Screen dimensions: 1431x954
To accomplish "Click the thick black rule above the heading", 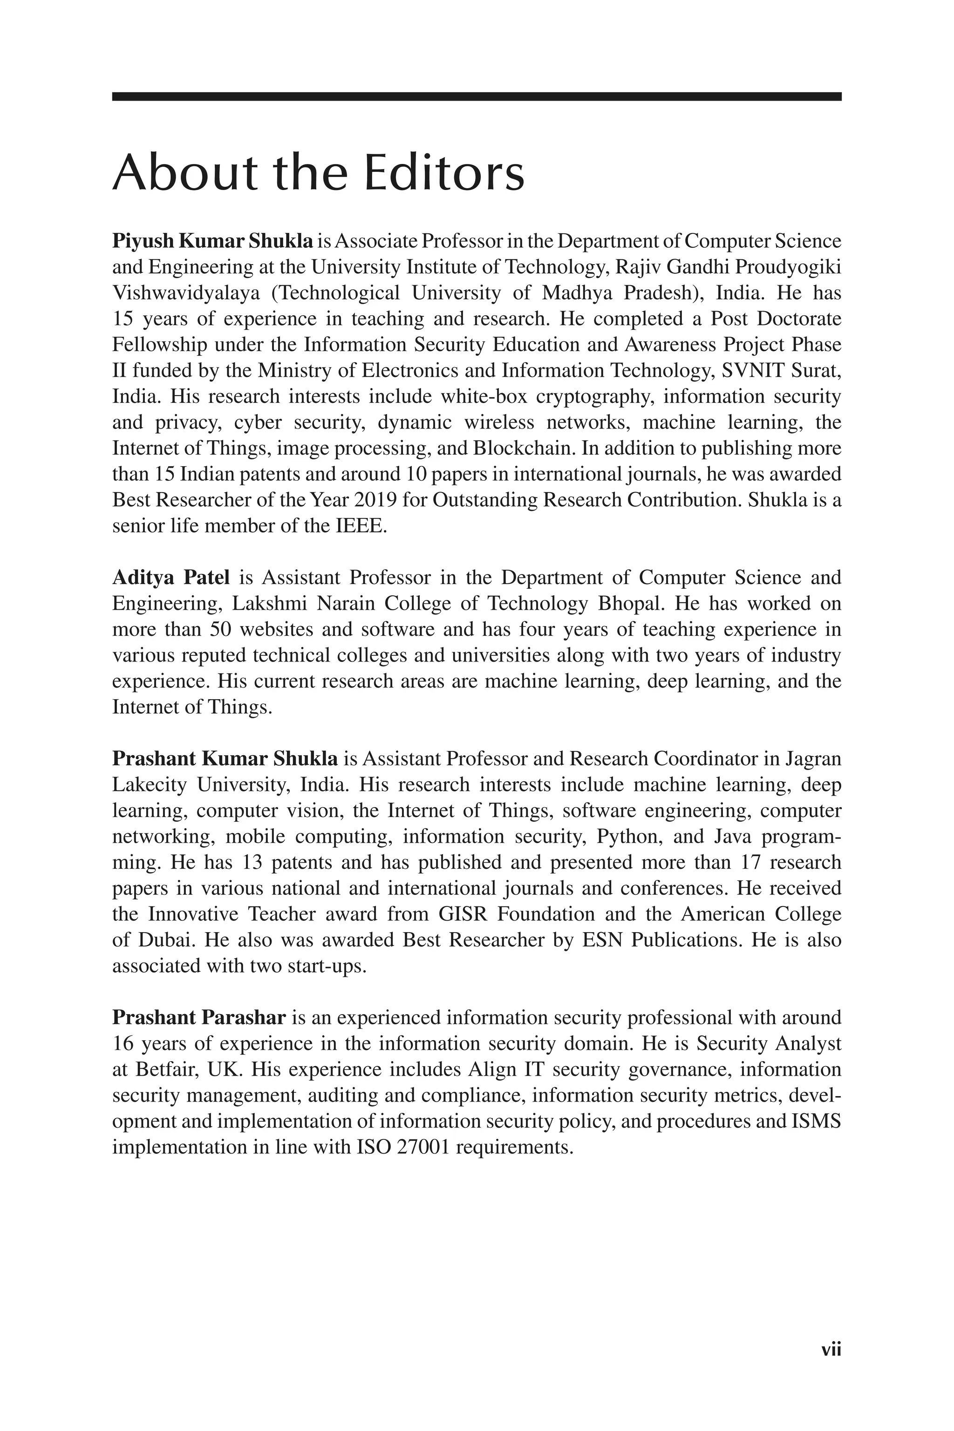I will coord(477,96).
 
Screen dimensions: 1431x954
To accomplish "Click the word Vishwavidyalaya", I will coord(185,293).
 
